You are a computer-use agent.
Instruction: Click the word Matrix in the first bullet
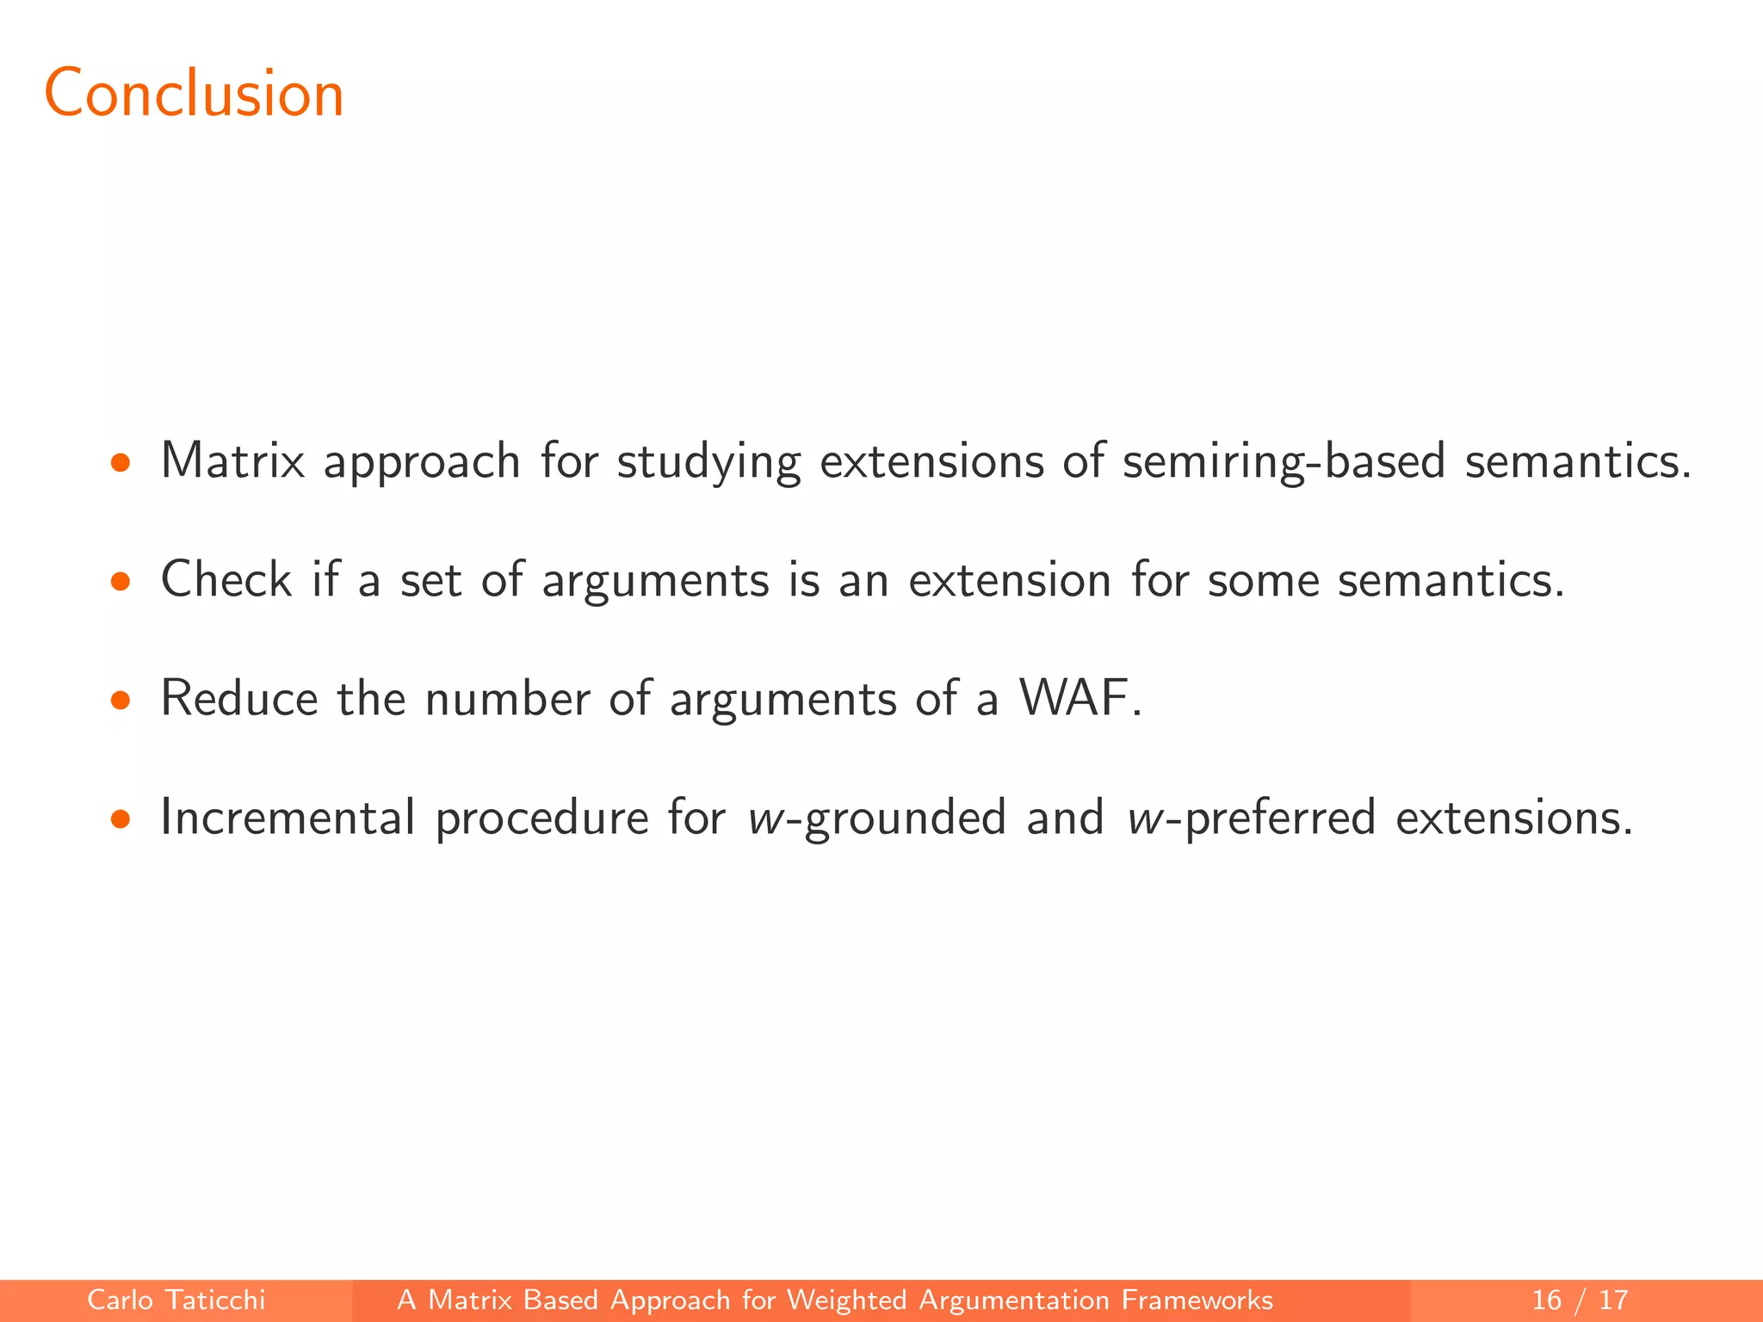(232, 460)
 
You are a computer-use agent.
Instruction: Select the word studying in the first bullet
(708, 462)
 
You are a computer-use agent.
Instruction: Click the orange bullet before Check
(121, 583)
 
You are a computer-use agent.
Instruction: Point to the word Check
(226, 579)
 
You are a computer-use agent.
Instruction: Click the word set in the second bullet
(430, 581)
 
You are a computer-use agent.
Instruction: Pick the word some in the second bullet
(1263, 581)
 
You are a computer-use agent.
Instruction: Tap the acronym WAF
(1073, 698)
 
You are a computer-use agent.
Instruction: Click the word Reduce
(239, 698)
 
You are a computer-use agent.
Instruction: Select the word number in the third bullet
(506, 698)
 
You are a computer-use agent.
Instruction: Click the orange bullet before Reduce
(121, 701)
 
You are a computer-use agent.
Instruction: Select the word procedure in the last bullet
(541, 819)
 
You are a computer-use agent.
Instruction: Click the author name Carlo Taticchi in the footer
(176, 1300)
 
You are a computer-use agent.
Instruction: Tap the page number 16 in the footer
(1546, 1300)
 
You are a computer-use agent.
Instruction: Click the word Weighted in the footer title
(846, 1300)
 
